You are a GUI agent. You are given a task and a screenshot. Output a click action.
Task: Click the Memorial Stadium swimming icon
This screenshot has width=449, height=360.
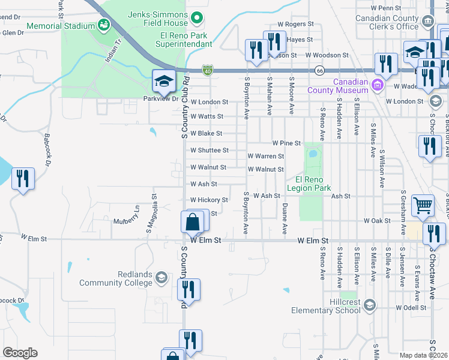[104, 25]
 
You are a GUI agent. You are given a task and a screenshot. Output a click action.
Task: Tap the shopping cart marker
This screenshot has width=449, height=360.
[423, 206]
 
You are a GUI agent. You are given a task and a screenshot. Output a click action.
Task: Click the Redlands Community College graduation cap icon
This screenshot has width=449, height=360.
[161, 277]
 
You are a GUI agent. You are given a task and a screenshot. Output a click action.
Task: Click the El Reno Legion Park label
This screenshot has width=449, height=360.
[309, 184]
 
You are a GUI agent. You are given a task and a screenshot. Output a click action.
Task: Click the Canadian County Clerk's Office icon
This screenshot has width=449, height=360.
[428, 22]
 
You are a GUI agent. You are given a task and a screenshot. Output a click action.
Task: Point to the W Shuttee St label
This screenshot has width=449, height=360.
[209, 150]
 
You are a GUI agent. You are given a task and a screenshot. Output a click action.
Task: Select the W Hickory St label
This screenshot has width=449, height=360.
[209, 200]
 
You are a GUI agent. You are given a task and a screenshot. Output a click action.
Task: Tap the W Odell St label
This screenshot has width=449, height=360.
[411, 308]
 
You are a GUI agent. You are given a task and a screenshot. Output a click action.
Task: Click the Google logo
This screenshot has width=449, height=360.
[20, 353]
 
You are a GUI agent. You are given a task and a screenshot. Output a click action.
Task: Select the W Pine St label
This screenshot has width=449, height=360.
[286, 143]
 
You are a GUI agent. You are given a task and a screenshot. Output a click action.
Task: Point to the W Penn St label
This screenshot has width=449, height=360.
[386, 8]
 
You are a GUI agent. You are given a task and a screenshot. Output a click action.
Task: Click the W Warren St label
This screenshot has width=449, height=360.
[266, 156]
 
